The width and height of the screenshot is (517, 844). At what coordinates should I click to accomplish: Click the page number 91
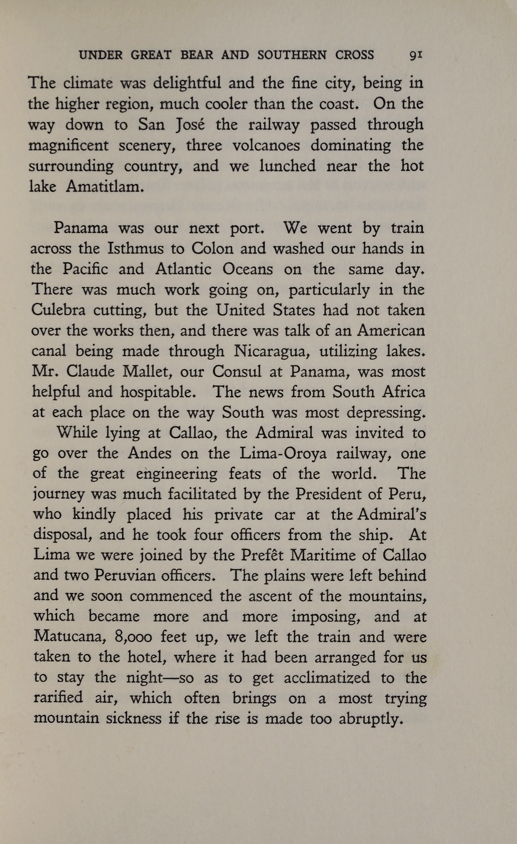pyautogui.click(x=416, y=55)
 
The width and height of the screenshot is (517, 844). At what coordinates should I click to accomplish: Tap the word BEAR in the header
pyautogui.click(x=197, y=55)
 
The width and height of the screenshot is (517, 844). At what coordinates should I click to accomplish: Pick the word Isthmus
pyautogui.click(x=135, y=248)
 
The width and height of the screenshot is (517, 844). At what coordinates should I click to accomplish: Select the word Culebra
pyautogui.click(x=58, y=310)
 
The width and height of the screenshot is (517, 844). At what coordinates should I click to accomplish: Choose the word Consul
pyautogui.click(x=236, y=372)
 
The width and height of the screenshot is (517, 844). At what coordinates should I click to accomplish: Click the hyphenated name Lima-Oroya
pyautogui.click(x=283, y=453)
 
